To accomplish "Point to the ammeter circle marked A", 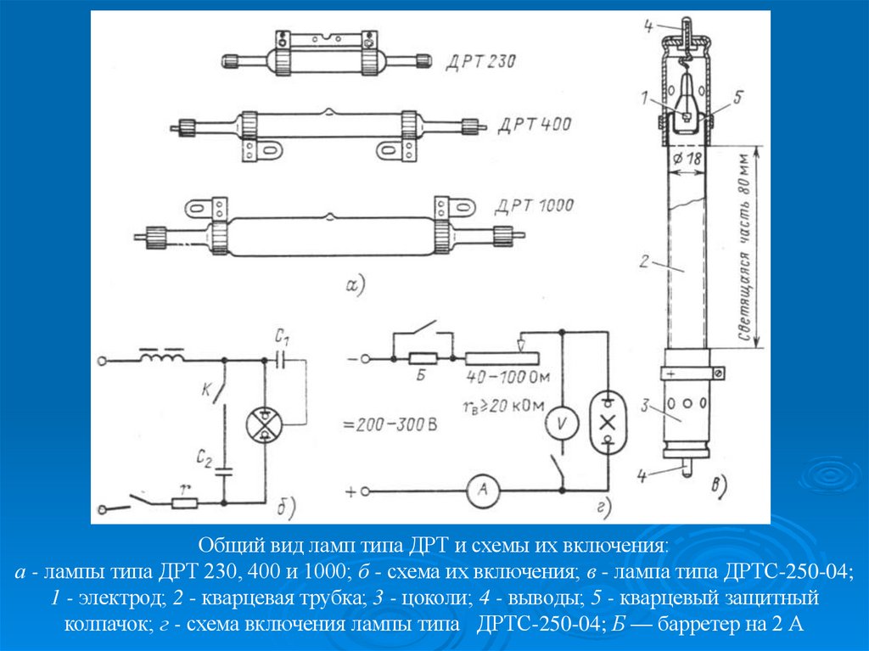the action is (484, 490).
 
